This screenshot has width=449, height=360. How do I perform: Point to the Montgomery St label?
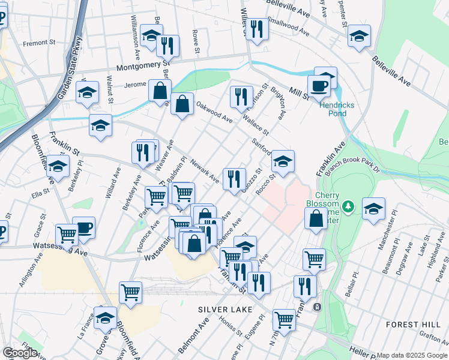144,67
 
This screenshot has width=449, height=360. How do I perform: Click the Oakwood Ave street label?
214,112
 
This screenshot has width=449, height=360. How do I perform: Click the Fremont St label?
39,43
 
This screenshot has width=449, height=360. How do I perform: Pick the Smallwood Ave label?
288,26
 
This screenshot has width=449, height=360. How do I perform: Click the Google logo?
20,353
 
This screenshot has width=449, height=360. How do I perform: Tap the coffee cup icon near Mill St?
319,86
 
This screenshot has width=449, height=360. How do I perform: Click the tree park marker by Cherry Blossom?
350,207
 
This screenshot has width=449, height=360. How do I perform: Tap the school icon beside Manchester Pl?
373,208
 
